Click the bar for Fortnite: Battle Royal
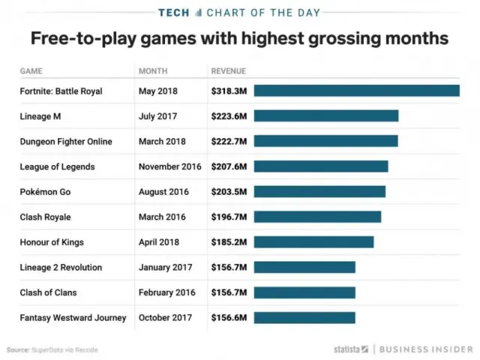pos(356,91)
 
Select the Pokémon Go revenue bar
pos(319,191)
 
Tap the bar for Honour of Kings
pos(313,241)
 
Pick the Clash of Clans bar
pos(304,292)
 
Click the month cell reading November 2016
pos(170,166)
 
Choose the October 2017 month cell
pos(166,318)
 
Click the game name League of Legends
pos(57,166)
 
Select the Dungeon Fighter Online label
pos(66,141)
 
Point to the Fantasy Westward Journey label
pos(73,318)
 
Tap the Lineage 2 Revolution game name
pos(61,267)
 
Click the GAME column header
pos(31,71)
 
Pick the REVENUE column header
pos(229,71)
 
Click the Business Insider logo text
pos(425,349)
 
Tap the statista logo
pos(351,349)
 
